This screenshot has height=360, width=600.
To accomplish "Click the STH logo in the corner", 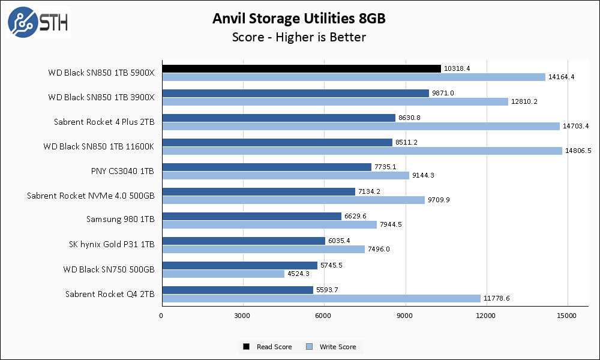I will [37, 22].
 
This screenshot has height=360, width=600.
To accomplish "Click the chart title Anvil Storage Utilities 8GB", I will [299, 19].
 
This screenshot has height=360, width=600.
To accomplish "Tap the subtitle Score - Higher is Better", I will [299, 37].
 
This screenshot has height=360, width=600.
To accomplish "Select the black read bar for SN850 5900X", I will [301, 68].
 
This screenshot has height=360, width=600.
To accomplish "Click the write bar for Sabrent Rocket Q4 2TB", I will [321, 298].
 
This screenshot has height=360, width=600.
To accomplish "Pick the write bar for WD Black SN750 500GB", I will [223, 274].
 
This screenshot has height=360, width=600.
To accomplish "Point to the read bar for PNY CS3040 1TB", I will [266, 167].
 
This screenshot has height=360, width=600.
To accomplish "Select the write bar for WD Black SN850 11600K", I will [362, 151].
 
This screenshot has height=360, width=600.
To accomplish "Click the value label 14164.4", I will [561, 77].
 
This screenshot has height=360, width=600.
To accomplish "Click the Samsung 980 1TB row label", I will [120, 220].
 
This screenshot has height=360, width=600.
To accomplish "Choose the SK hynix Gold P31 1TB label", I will [112, 244].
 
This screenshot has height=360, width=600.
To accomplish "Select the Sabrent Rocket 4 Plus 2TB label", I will [104, 122].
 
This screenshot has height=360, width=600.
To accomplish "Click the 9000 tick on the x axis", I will [405, 316].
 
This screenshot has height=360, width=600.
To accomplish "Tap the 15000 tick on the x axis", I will [568, 316].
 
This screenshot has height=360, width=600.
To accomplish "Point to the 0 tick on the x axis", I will [161, 316].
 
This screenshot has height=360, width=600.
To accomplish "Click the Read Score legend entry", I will [268, 347].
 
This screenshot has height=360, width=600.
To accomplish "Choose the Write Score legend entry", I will [332, 347].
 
